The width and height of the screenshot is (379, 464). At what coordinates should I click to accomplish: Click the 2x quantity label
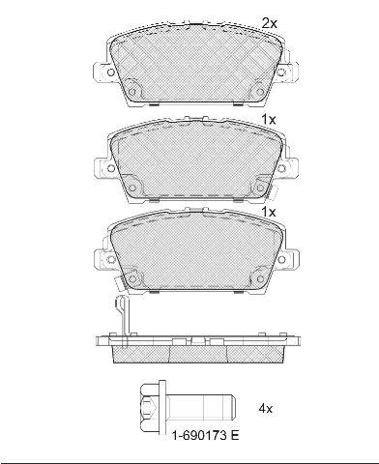click(270, 23)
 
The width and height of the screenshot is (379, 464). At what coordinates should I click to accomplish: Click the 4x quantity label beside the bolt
click(266, 409)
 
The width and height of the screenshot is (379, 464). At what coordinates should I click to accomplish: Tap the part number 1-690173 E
click(206, 436)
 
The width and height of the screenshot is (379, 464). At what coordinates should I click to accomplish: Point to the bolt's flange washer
click(162, 409)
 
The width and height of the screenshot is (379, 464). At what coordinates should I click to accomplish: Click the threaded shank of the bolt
click(202, 408)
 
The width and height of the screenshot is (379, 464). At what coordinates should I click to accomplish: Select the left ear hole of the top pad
click(110, 72)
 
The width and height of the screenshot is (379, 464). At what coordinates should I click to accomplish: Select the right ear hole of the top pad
click(281, 72)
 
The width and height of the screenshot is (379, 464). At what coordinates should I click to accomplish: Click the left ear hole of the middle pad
click(110, 168)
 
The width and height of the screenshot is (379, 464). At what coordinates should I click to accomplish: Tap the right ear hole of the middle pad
click(281, 168)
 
